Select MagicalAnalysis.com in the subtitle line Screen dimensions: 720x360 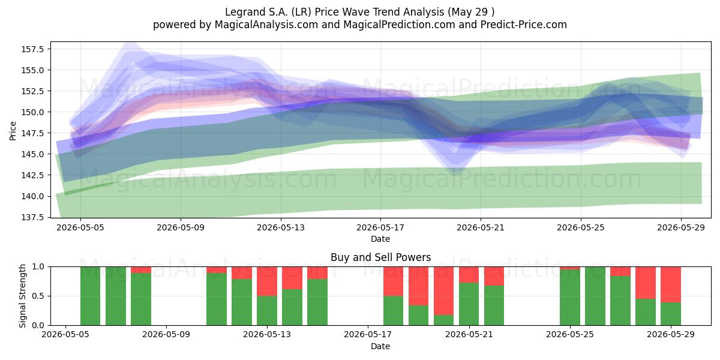coord(266,25)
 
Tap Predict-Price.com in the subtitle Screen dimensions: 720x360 coord(524,25)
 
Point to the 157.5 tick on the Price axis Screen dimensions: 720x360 coord(32,49)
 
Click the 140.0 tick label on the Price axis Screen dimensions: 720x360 coord(32,196)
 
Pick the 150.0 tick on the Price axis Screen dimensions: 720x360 coord(32,112)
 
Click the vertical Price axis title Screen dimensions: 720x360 coord(13,131)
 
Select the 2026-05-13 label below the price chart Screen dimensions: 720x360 coord(281,227)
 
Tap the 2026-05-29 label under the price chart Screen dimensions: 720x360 coord(681,227)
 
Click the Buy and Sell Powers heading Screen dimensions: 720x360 coord(380,257)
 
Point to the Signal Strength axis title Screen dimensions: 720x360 coord(22,296)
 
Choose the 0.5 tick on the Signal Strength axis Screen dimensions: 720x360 coord(38,296)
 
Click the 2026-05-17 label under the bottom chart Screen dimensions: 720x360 coord(368,334)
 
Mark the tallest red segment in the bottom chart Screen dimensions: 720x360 coord(443,291)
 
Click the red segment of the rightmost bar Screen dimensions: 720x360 coord(671,284)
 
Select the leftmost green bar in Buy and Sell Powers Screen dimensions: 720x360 coord(91,296)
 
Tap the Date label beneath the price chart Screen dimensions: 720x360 coord(380,239)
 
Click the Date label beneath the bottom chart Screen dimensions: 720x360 coord(380,346)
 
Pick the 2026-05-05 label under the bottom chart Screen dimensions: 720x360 coord(65,334)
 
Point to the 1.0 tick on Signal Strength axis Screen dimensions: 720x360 coord(38,267)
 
